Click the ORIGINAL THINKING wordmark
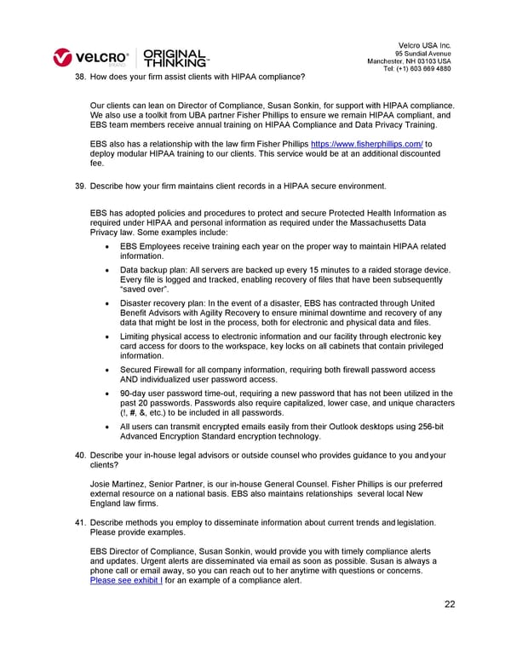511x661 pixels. tap(176, 57)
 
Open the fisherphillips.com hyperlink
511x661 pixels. tap(366, 145)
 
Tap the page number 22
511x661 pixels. tap(450, 605)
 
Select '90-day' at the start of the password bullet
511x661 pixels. tap(134, 393)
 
